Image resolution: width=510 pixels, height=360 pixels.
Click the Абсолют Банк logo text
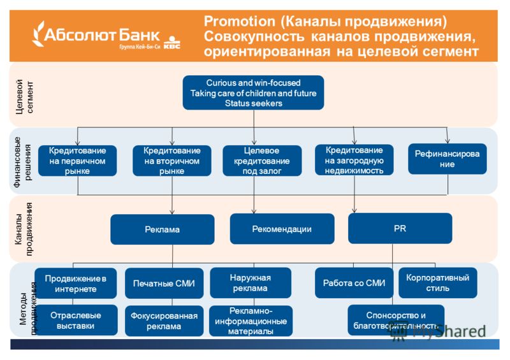[x=101, y=35]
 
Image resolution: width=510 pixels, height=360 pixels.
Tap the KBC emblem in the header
[x=171, y=43]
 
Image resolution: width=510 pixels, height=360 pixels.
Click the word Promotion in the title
[x=240, y=22]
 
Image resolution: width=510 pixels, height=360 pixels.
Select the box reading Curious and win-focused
[x=253, y=92]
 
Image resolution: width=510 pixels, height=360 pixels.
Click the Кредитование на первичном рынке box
[x=77, y=161]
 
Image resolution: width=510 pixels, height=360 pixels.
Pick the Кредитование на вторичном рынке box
[x=171, y=161]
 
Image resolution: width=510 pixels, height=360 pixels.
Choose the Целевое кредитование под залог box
[x=262, y=161]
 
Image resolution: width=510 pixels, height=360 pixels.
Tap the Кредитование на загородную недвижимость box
[x=354, y=160]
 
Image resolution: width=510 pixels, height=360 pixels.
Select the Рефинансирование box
[x=448, y=159]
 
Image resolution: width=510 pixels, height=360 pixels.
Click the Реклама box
[x=163, y=229]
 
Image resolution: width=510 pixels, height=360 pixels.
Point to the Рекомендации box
[x=282, y=229]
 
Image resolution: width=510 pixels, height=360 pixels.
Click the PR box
[x=400, y=228]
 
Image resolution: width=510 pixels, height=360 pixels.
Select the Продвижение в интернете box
[x=75, y=284]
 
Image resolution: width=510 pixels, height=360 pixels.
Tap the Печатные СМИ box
[x=164, y=284]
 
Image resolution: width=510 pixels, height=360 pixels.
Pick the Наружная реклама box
[x=251, y=283]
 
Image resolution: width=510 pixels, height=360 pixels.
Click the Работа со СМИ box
[x=354, y=283]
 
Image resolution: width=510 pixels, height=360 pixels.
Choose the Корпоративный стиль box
[x=438, y=283]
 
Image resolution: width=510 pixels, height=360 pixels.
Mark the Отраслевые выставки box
[x=75, y=320]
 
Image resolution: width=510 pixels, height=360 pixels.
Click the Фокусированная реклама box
[x=164, y=320]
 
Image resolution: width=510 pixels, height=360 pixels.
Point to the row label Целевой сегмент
[x=25, y=97]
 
